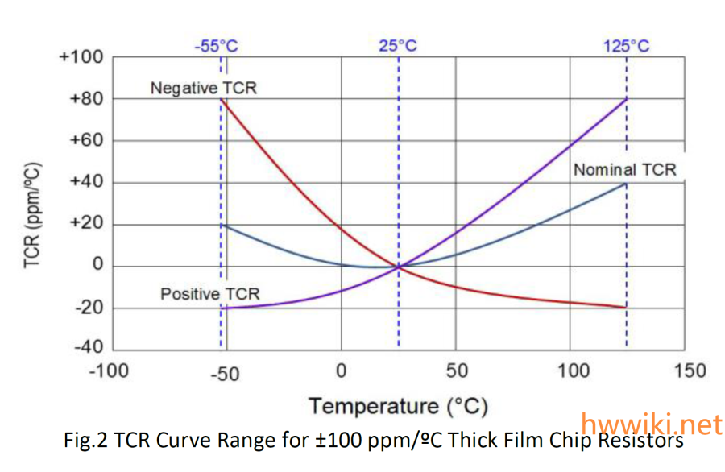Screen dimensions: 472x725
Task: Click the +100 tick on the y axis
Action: [x=81, y=57]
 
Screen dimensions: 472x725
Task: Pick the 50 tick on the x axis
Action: [x=456, y=371]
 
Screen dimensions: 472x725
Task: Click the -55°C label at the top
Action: [x=216, y=45]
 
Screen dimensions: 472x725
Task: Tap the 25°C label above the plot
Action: [x=398, y=45]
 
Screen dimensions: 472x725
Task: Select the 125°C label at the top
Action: [x=626, y=45]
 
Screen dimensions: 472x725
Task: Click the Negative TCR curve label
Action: [x=203, y=88]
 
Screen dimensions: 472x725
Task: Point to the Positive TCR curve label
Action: [x=209, y=294]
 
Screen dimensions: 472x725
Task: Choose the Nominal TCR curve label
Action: [x=624, y=170]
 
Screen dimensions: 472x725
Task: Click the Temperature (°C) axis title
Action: [x=398, y=405]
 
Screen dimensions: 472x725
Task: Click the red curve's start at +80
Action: [x=222, y=99]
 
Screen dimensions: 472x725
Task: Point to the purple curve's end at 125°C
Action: [x=626, y=99]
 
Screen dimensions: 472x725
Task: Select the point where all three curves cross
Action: [x=398, y=267]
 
